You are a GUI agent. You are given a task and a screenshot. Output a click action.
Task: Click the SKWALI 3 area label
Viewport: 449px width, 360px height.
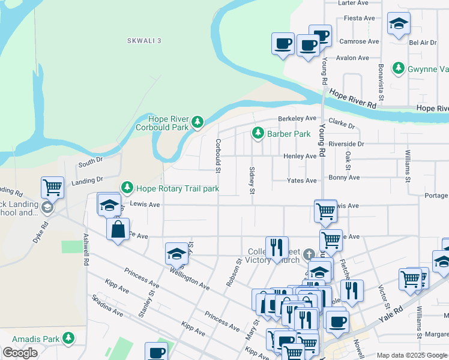point(144,40)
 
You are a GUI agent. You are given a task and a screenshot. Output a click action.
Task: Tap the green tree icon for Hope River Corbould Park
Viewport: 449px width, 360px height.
point(197,123)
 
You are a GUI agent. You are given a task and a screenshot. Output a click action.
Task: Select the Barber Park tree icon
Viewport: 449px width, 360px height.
point(258,133)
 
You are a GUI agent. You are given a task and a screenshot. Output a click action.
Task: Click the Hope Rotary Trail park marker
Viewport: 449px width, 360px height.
point(127,188)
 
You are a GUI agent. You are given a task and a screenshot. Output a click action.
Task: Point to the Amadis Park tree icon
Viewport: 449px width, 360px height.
point(68,339)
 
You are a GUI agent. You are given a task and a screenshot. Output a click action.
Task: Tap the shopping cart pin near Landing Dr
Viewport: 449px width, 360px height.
point(53,187)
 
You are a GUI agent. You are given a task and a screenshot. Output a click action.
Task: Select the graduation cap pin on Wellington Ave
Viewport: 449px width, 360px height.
point(177,254)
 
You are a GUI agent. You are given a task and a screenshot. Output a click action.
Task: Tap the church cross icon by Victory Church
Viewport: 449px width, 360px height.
point(309,253)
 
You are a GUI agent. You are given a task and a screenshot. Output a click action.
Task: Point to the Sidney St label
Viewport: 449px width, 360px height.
point(252,181)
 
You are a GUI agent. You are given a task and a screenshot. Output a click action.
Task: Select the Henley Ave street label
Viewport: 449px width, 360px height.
point(300,157)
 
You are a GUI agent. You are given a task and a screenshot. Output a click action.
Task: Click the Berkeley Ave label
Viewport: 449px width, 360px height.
point(296,118)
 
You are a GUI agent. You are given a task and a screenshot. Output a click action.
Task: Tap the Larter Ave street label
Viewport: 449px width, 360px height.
point(353,3)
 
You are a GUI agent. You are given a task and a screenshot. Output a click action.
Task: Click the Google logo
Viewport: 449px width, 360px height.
point(20,353)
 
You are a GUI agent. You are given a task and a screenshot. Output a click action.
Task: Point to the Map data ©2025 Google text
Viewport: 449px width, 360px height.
point(411,355)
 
